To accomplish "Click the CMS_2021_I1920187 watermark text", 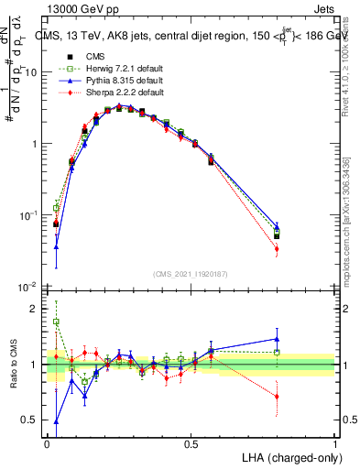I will [191, 273].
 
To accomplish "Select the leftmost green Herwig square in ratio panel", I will [56, 322].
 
